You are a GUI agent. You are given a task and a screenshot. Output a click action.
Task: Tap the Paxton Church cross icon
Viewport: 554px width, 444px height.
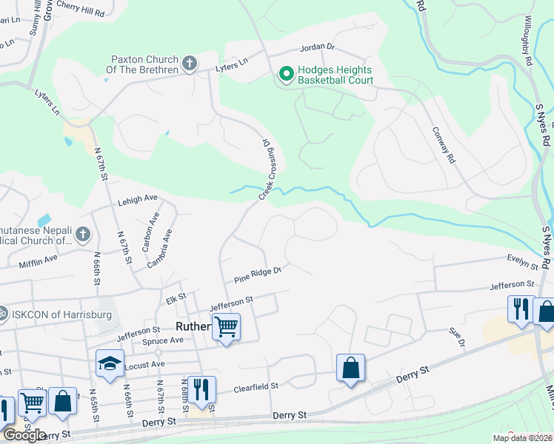190,64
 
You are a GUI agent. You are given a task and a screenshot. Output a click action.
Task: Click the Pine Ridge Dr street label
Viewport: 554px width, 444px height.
258,275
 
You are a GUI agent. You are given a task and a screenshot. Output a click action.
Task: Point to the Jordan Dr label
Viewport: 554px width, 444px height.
318,48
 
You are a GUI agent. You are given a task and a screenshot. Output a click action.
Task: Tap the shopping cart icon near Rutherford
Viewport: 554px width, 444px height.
226,326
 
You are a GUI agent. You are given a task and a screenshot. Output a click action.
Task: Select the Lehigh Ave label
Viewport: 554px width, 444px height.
138,198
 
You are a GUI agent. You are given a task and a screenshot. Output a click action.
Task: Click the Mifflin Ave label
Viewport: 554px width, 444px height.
39,260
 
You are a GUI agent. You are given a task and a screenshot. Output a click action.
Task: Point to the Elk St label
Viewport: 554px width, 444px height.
176,297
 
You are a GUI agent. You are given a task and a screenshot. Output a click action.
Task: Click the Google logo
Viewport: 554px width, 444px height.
24,435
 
